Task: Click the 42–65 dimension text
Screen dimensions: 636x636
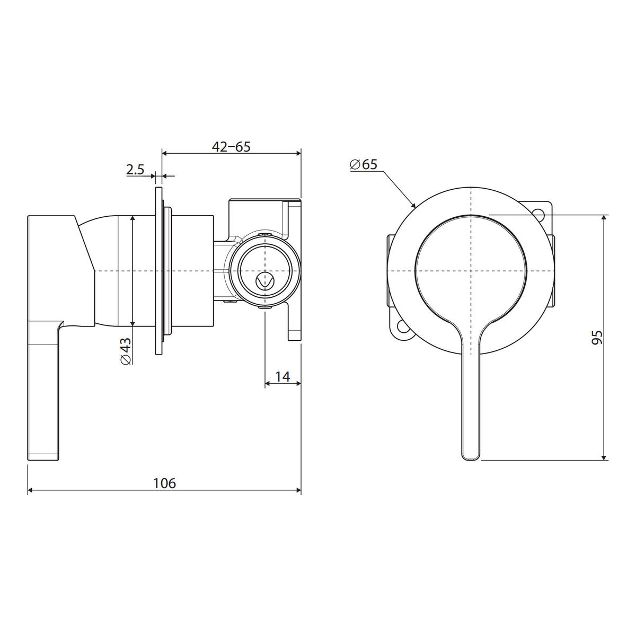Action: point(231,146)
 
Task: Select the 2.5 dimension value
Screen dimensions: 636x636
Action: point(135,170)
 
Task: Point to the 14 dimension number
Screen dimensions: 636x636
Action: point(282,376)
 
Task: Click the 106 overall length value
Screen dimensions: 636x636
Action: point(165,483)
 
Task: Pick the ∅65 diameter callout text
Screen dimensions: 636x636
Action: point(364,164)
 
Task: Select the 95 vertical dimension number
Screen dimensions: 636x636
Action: point(597,337)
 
